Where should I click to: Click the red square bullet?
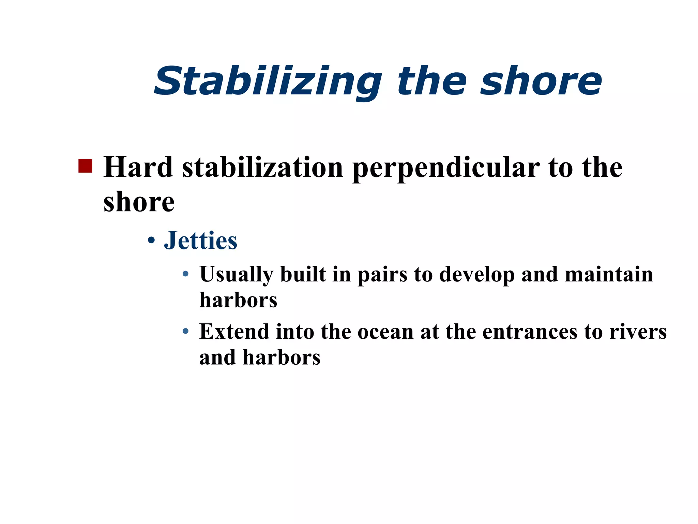(x=85, y=166)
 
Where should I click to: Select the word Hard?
(x=138, y=167)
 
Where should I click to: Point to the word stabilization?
(x=262, y=167)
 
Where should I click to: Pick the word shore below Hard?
(x=139, y=202)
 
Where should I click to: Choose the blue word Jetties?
(x=200, y=241)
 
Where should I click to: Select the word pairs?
(x=382, y=275)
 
